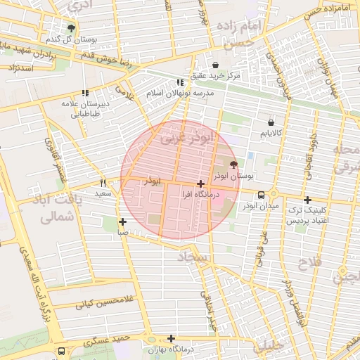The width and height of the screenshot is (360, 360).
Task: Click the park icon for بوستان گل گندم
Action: [71, 28]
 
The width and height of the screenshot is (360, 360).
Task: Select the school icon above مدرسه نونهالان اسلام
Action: [180, 83]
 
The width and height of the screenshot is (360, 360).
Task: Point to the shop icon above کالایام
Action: [271, 122]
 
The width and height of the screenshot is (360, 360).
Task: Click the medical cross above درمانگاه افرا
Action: [201, 183]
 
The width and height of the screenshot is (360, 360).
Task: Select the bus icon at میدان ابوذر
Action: [261, 195]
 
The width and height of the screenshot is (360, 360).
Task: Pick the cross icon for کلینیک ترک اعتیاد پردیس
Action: [307, 200]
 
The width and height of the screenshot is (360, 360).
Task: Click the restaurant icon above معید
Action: [103, 182]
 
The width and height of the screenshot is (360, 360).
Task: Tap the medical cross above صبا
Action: [122, 221]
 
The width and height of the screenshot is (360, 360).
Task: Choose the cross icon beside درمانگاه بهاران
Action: [171, 338]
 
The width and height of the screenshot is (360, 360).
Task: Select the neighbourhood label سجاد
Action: [195, 259]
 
